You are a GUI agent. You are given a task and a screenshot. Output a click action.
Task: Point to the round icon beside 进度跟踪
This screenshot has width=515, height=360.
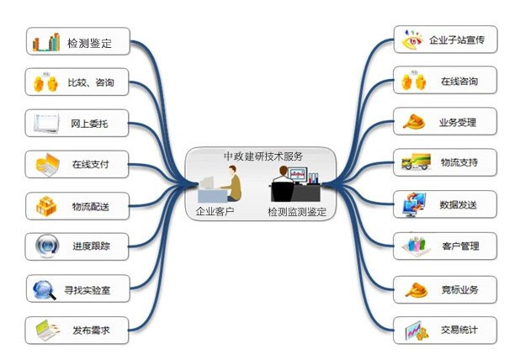pos(45,246)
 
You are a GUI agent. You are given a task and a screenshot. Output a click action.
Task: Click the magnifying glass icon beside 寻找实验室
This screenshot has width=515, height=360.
pos(44,290)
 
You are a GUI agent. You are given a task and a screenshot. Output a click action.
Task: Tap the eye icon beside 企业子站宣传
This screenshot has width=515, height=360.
pos(411,40)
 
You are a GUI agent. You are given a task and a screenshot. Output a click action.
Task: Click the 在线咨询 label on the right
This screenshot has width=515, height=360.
pos(459,82)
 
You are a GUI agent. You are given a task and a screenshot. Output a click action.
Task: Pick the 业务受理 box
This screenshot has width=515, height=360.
pos(446,123)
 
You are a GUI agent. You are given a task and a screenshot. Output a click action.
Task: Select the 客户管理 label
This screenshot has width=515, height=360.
pos(459,246)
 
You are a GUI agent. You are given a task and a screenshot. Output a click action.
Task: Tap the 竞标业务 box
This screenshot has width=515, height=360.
pos(446,289)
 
